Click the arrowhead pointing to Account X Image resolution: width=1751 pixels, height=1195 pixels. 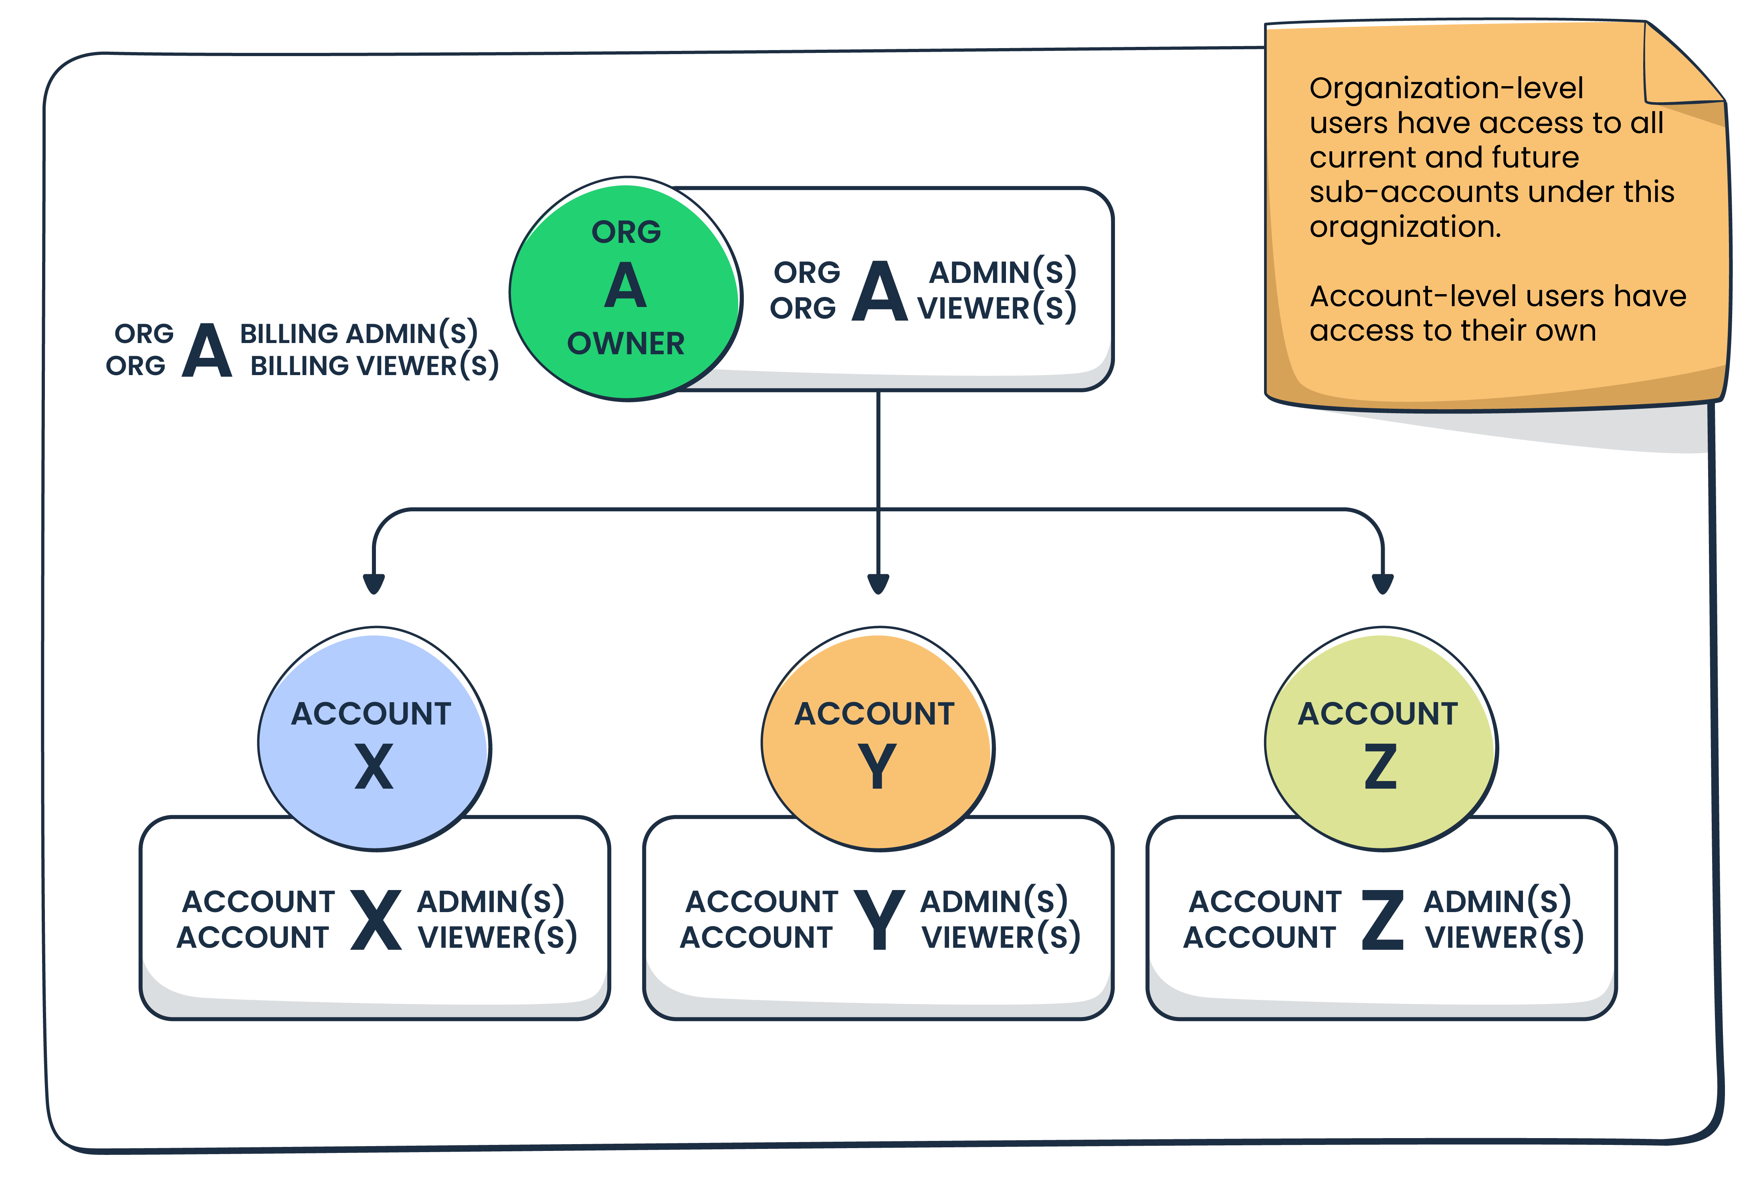tap(374, 583)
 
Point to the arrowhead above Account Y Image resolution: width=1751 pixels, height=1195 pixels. tap(878, 583)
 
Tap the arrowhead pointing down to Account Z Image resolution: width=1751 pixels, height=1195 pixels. tap(1382, 583)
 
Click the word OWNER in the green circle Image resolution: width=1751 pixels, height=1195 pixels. tap(625, 343)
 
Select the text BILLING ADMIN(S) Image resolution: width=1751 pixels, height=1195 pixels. tap(359, 333)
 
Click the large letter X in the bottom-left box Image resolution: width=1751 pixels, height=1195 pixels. tap(375, 919)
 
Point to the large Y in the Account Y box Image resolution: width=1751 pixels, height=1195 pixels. tap(879, 919)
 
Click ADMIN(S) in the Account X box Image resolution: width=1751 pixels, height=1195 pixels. tap(491, 901)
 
